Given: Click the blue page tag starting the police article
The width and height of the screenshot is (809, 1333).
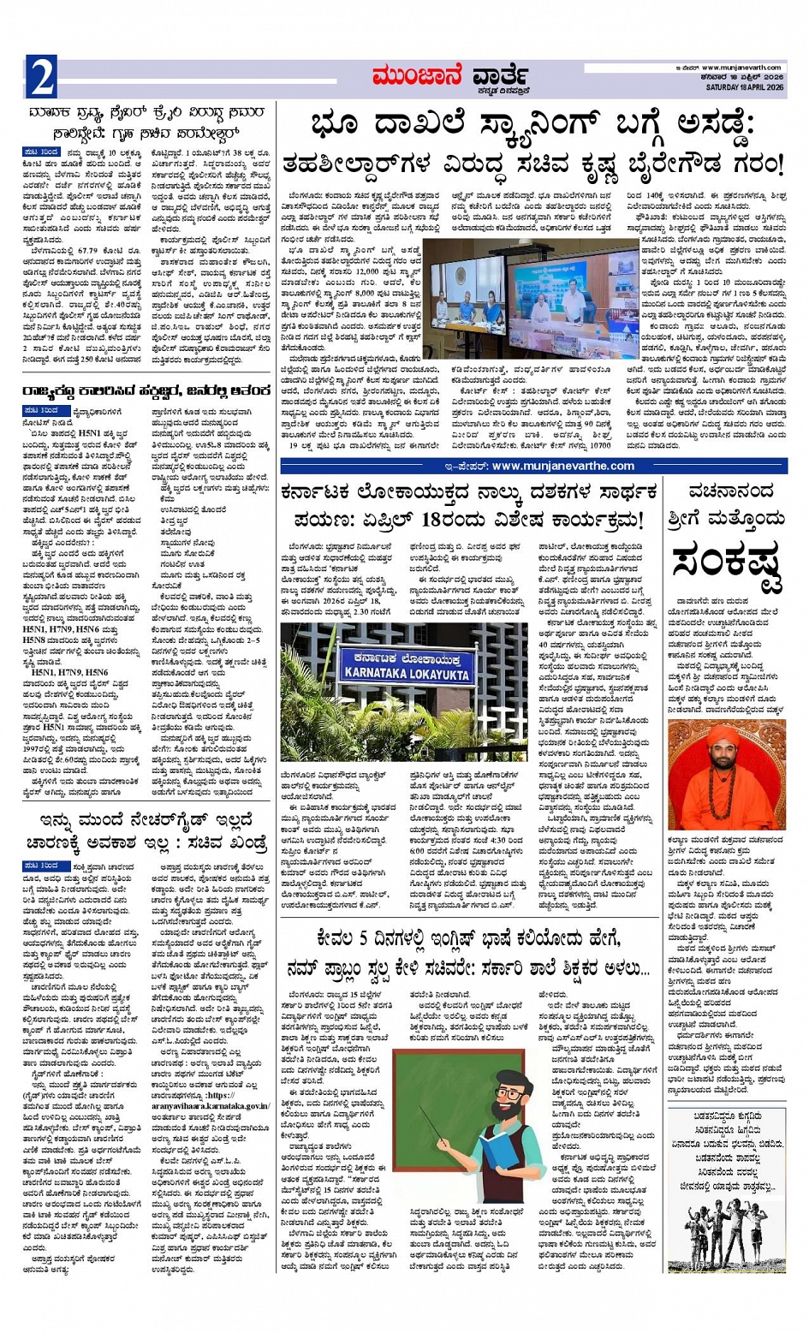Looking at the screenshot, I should tap(41, 152).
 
